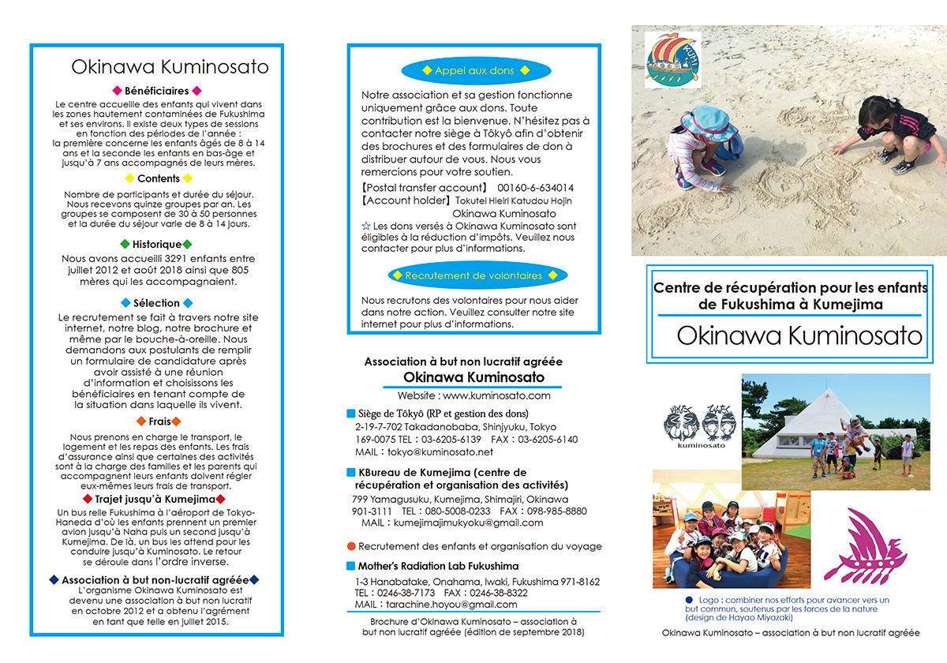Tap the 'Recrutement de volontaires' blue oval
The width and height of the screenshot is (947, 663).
[473, 276]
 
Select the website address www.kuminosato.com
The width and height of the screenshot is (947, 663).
[496, 395]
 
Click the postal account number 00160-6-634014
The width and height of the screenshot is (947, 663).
[536, 188]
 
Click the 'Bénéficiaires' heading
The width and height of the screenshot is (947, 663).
[157, 91]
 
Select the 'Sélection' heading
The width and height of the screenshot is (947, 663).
[156, 303]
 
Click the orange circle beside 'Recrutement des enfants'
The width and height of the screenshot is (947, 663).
[351, 546]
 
